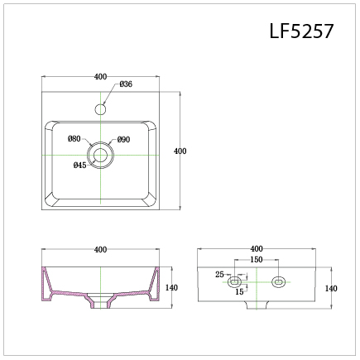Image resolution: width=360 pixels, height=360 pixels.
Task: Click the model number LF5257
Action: tap(301, 31)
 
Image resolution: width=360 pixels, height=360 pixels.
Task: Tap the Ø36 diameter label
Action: tap(126, 84)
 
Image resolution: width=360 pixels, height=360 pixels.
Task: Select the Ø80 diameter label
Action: tap(74, 138)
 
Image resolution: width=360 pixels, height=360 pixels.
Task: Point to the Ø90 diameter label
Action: tap(123, 140)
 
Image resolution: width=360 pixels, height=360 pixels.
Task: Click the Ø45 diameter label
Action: tap(80, 165)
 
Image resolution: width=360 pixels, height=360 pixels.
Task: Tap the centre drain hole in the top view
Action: tap(100, 155)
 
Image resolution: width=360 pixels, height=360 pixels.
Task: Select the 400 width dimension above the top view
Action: tap(100, 76)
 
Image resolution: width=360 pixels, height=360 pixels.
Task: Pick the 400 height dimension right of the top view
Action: tap(180, 151)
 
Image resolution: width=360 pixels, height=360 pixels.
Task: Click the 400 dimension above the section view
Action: tap(100, 249)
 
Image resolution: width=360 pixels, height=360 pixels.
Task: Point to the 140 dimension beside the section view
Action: tap(171, 287)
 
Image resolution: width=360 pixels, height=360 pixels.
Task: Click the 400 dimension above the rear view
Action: tap(257, 248)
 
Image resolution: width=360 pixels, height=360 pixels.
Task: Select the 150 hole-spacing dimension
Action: tap(257, 259)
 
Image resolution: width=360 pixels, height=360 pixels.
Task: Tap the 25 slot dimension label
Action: tap(219, 275)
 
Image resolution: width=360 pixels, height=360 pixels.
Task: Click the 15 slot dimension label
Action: tap(239, 291)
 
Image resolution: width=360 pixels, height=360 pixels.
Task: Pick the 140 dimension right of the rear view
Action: tap(331, 288)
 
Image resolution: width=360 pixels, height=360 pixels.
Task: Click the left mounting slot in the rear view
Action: tap(234, 282)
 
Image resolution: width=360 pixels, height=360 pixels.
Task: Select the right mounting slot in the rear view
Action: tap(279, 282)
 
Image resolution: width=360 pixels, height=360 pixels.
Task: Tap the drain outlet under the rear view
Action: tap(257, 305)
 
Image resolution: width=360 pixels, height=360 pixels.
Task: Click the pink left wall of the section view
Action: tap(46, 284)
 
